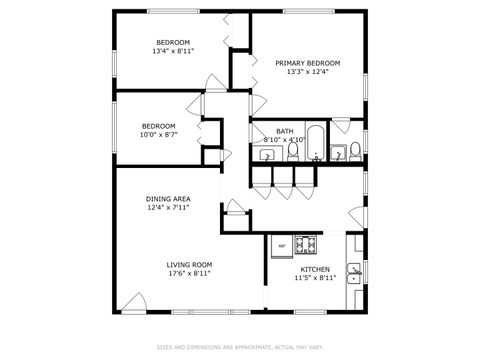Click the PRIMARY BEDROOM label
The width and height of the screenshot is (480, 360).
pos(307,63)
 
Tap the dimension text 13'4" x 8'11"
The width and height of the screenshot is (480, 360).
pos(173,51)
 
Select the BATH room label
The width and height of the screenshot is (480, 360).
pos(285,131)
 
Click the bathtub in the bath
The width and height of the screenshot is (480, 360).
pos(315,144)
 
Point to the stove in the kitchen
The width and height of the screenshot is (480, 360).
pos(306,244)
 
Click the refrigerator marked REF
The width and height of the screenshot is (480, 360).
pos(281,245)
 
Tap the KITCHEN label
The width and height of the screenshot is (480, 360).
pos(316,269)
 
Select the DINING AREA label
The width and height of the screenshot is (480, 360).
pos(169,200)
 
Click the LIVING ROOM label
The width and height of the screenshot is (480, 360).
pos(189,264)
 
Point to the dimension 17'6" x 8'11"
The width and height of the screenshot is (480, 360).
pos(189,273)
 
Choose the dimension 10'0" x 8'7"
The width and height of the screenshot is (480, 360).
pos(159,134)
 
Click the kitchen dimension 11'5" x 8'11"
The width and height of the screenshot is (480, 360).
pos(316,278)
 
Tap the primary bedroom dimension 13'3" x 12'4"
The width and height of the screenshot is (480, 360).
pos(307,72)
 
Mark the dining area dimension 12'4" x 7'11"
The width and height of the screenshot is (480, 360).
pos(169,209)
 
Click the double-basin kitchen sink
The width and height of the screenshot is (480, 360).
pos(354,271)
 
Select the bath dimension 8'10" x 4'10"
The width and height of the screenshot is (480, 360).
pos(283,140)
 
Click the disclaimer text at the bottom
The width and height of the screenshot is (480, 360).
pos(240,348)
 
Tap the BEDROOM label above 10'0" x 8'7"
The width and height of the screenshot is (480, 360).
pos(159,125)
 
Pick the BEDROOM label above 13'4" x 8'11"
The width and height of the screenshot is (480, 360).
pos(173,42)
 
